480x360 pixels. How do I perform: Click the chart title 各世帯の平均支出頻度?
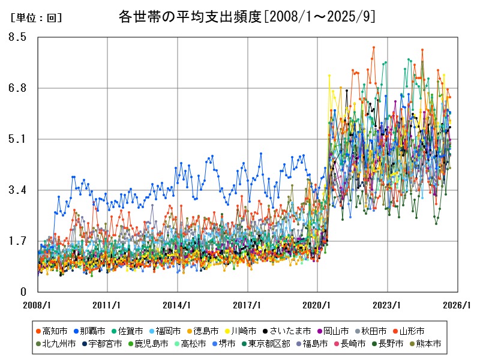248,16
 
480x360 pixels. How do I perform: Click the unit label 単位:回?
35,18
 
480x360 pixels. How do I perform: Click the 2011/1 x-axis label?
107,305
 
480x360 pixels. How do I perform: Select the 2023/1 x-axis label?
388,305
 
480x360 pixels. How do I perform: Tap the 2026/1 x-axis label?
458,305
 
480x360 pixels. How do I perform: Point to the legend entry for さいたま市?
287,331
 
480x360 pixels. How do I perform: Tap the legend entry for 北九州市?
58,344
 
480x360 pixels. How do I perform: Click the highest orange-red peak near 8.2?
374,47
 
